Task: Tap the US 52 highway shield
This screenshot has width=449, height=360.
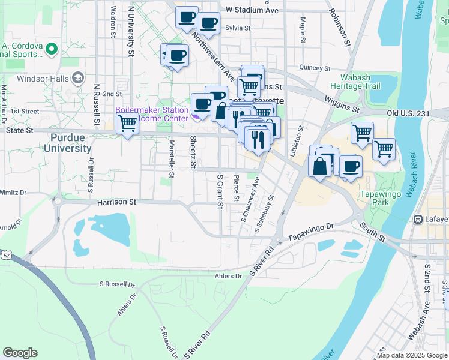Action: pos(6,255)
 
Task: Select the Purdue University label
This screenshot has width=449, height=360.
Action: pos(67,143)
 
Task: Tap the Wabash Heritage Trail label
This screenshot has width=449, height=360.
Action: pos(360,82)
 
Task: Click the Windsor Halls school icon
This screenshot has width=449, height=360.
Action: pos(77,78)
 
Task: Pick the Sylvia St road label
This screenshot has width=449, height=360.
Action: pos(237,28)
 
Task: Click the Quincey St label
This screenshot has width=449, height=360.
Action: pos(312,68)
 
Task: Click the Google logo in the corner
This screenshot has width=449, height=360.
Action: pos(20,353)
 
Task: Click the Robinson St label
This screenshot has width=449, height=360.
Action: pos(339,29)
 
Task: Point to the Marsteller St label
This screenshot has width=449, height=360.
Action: pos(172,159)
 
